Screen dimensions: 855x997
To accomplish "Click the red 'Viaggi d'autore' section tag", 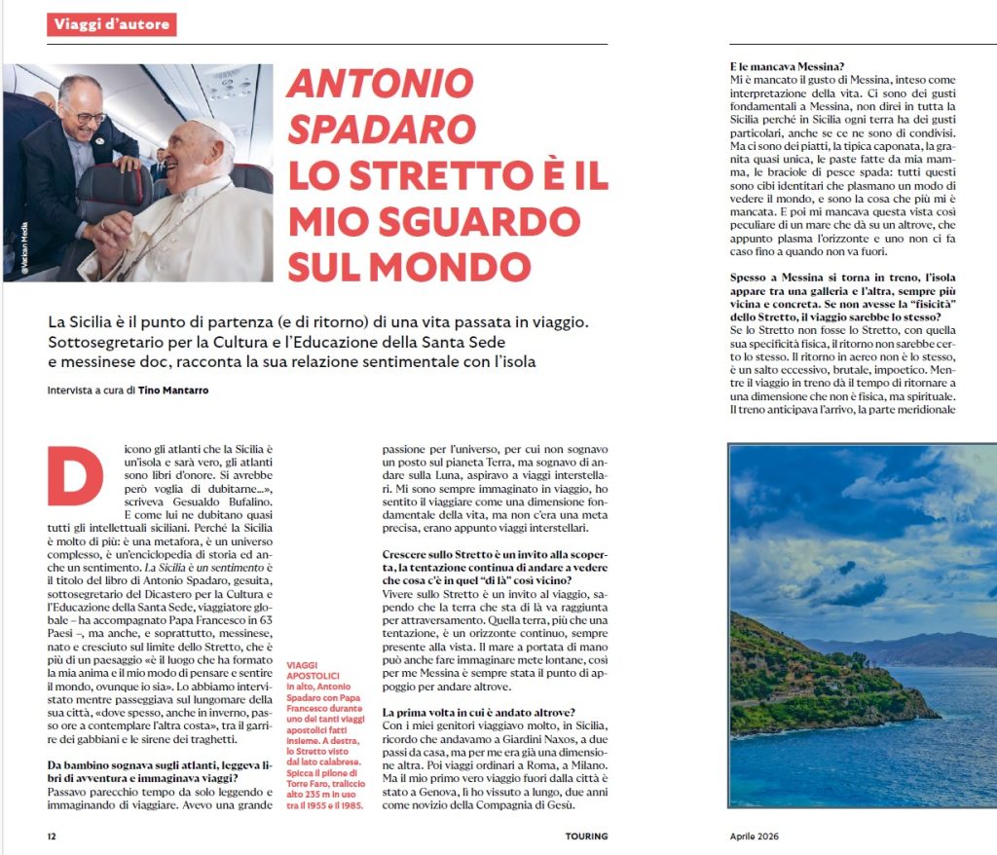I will click(111, 23).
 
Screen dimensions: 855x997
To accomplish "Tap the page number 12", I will click(53, 836).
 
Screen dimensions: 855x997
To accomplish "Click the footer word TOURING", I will click(586, 836).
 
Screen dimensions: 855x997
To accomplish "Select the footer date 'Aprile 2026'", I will click(755, 836).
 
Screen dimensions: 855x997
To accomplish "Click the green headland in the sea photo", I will click(808, 673).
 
